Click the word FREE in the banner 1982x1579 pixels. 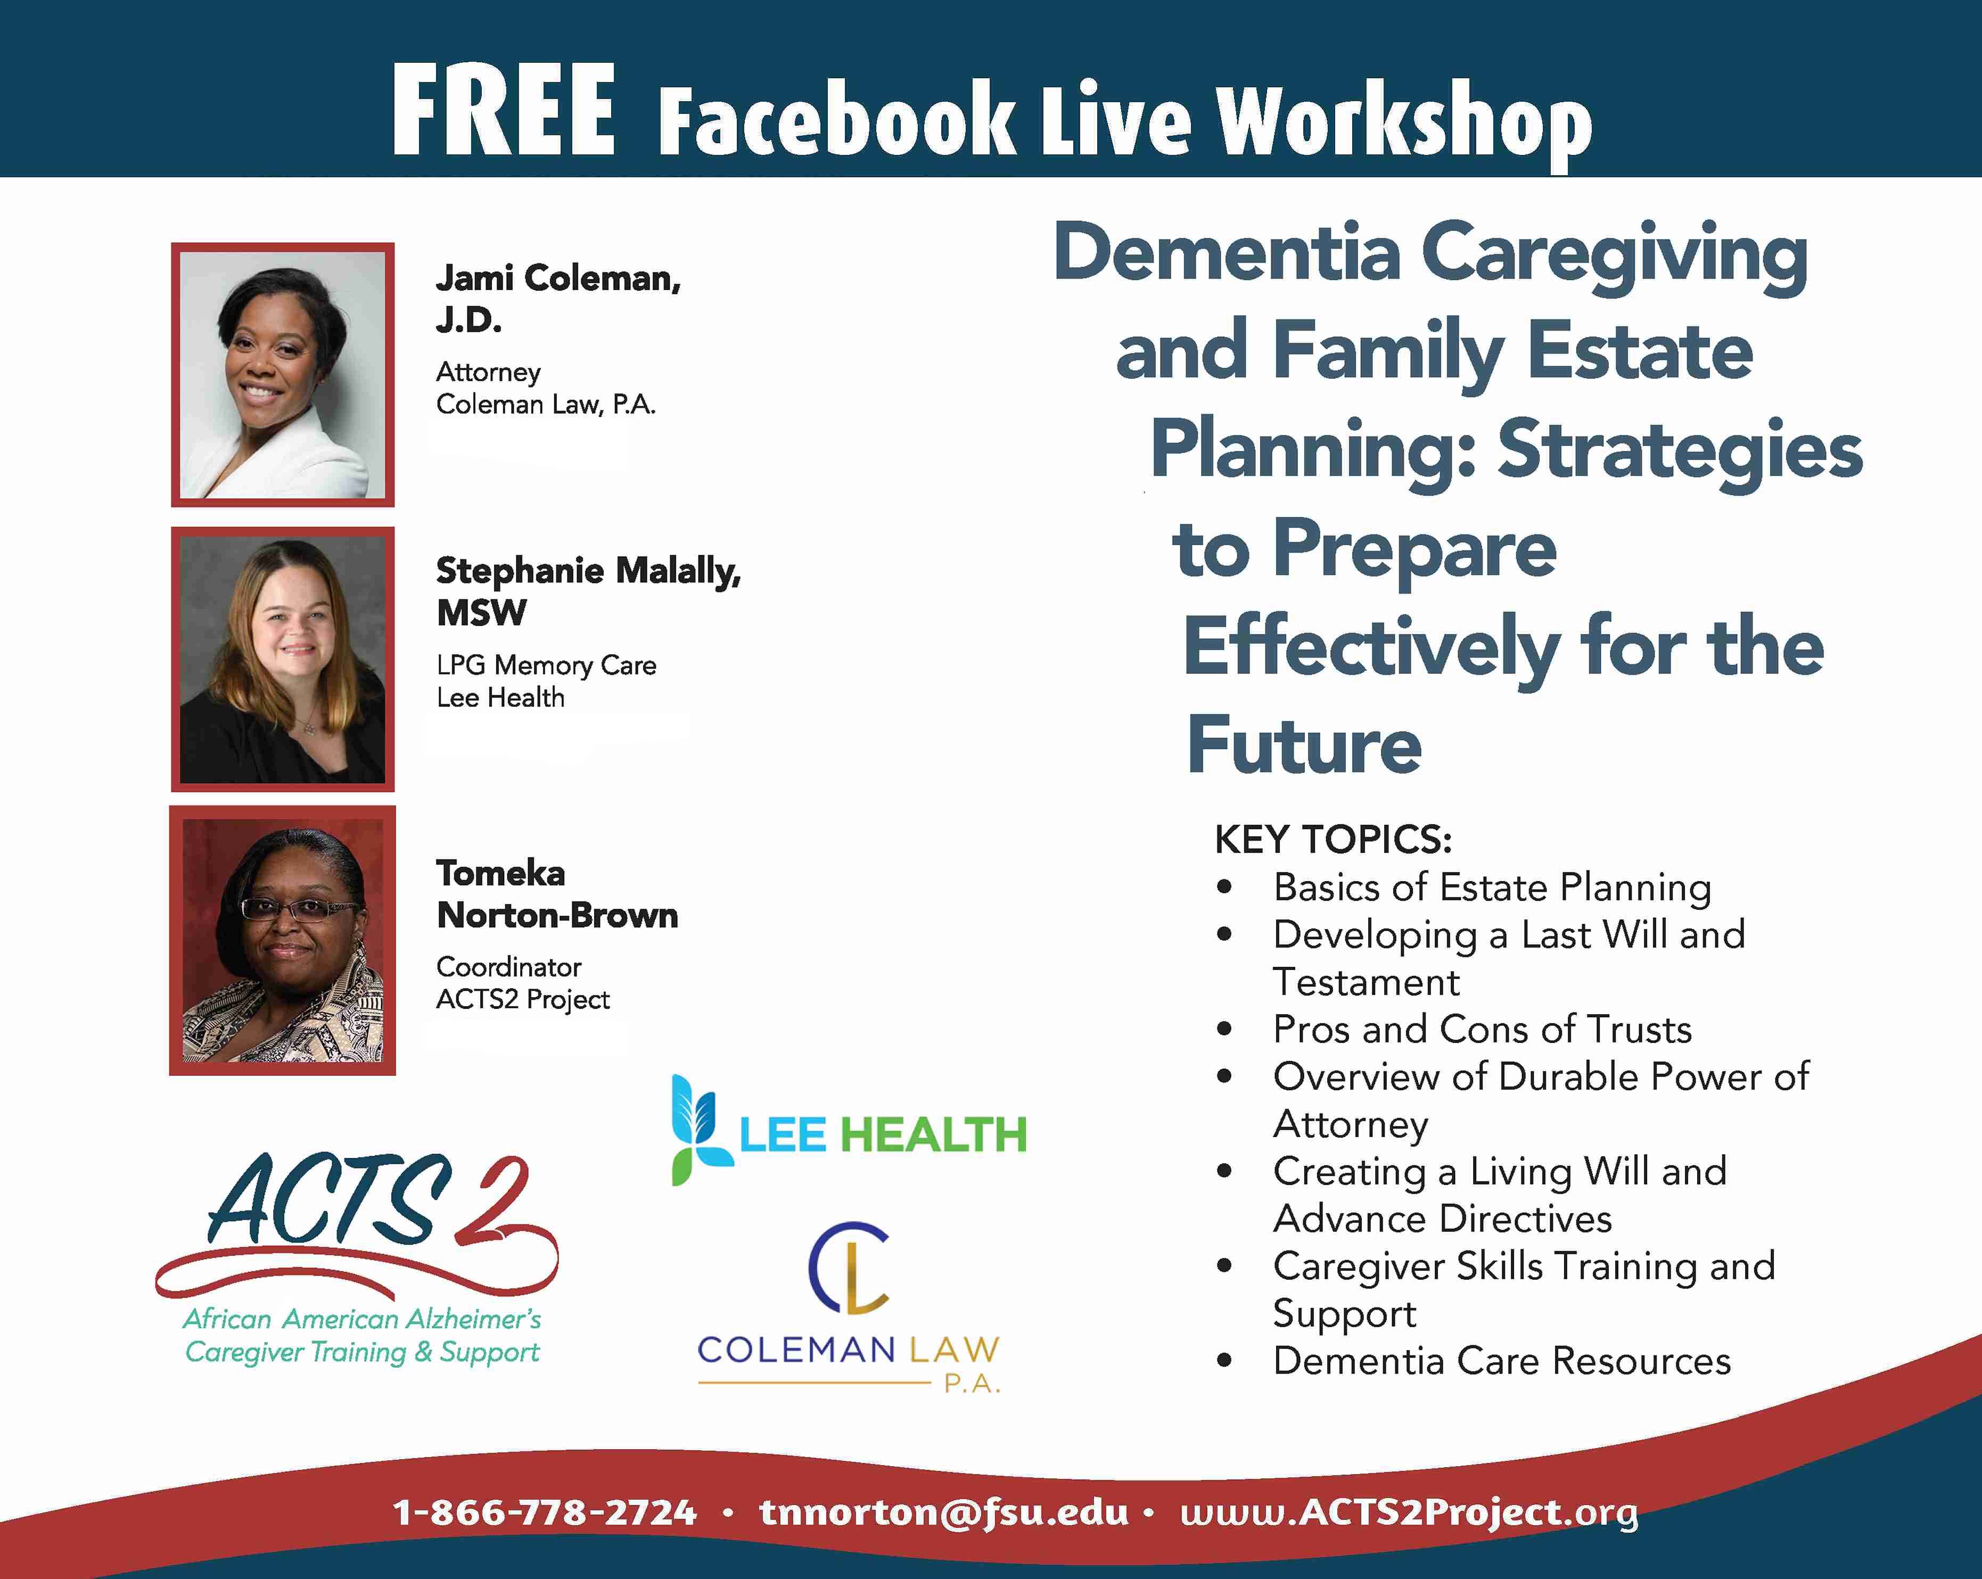[503, 112]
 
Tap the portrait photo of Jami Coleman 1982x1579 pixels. [282, 374]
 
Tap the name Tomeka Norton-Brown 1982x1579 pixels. [556, 893]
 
